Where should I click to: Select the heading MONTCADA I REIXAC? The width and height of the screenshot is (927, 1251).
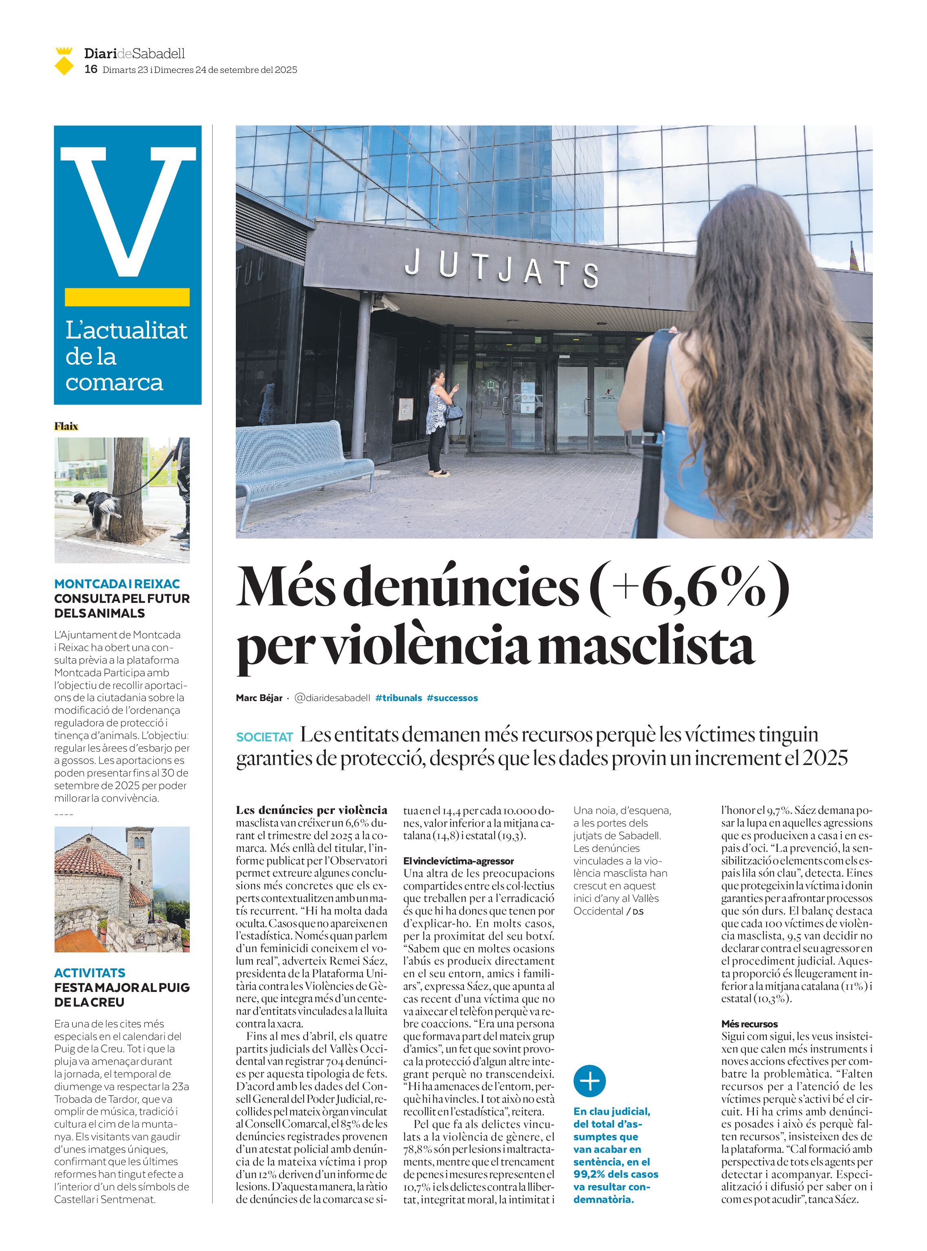click(x=117, y=584)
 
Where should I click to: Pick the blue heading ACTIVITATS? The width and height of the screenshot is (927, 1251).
click(x=90, y=973)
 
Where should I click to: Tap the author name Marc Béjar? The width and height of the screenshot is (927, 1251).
click(x=259, y=698)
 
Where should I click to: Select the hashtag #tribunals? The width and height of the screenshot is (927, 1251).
click(x=398, y=698)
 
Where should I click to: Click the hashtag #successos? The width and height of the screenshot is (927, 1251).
click(x=452, y=698)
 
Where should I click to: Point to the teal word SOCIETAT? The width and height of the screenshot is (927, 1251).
click(x=265, y=737)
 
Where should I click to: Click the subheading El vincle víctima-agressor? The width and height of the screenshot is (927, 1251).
click(x=459, y=860)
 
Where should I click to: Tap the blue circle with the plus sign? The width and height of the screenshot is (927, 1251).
click(x=589, y=1080)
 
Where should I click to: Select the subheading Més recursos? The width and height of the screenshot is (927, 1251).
click(x=749, y=1024)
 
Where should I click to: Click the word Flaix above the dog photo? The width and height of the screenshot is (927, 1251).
click(x=66, y=426)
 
